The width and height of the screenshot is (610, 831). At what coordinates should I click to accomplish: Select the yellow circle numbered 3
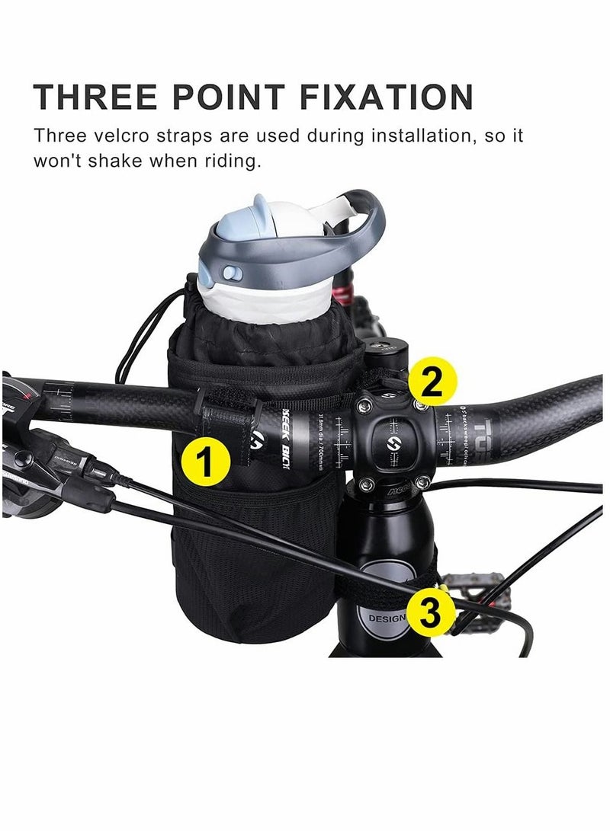[x=432, y=614]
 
